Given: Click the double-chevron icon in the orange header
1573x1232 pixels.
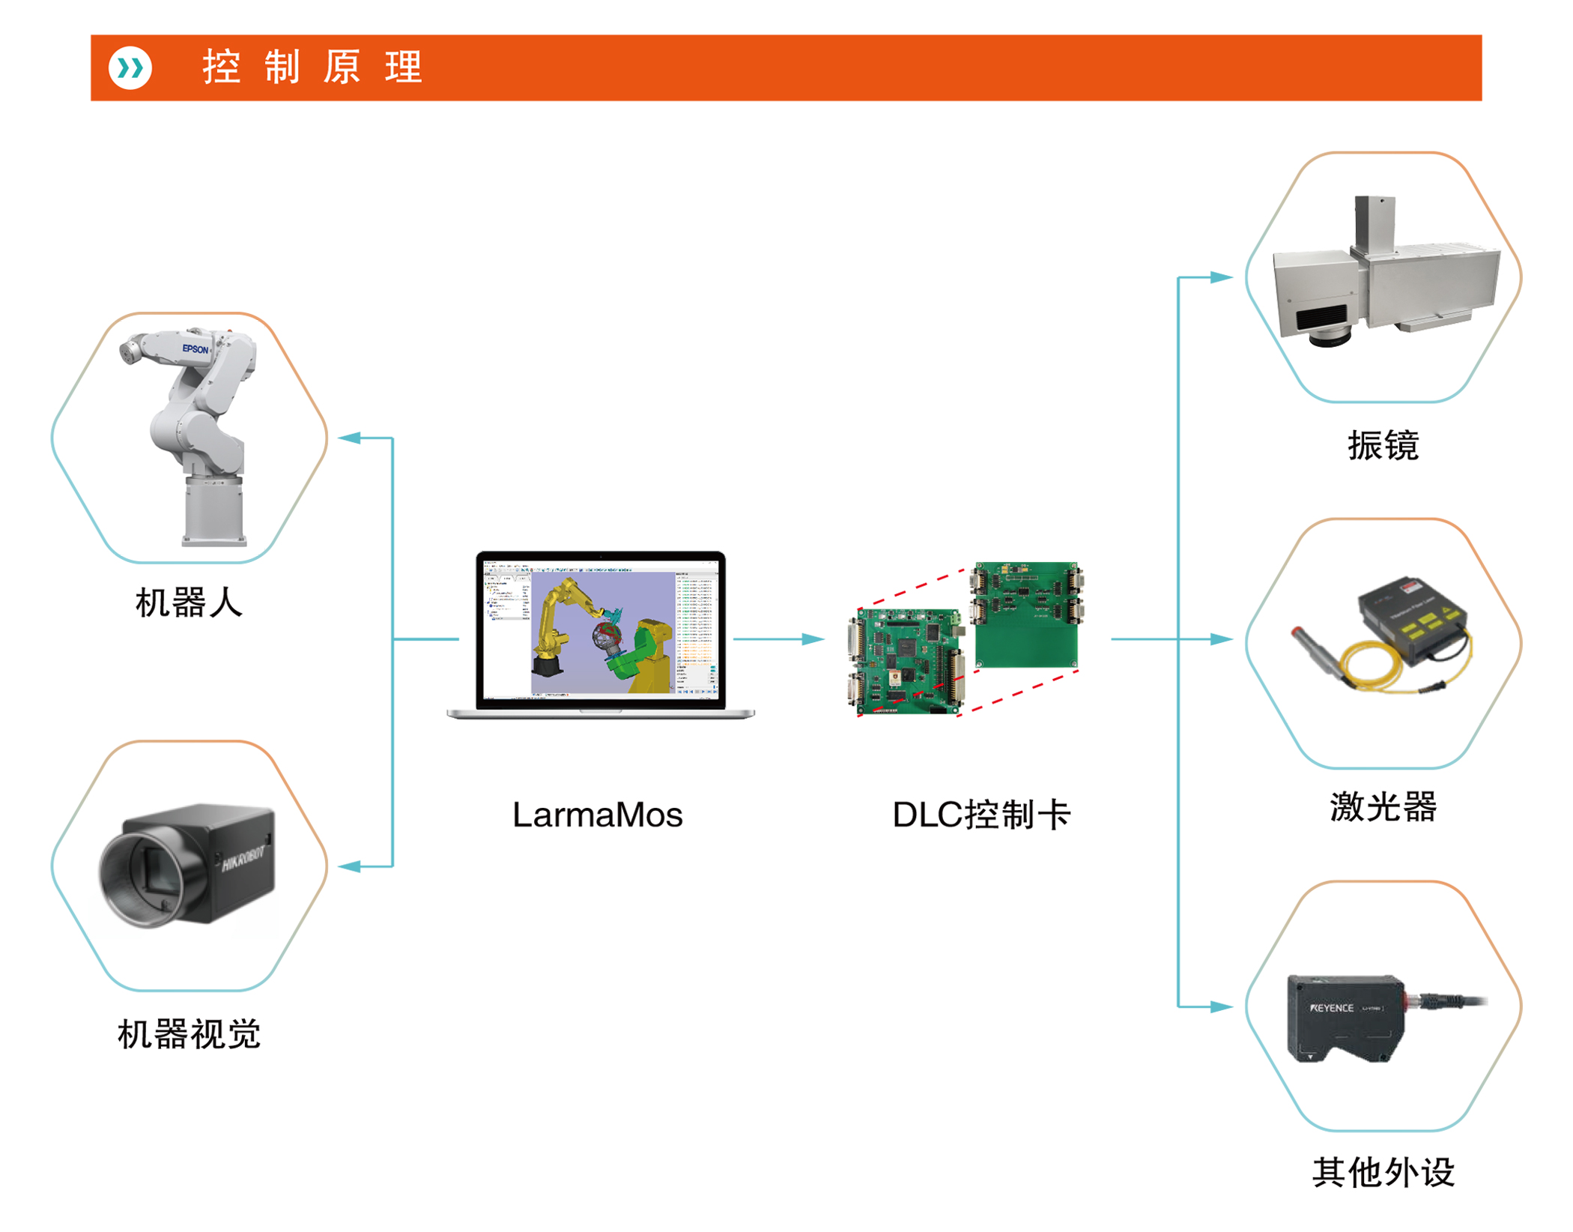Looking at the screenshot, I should point(130,68).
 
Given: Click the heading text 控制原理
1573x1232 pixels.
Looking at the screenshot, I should point(312,67).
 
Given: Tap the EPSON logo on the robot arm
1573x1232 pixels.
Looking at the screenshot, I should point(196,349).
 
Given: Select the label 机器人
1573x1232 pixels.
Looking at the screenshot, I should point(189,603).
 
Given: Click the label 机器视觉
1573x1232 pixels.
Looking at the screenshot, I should point(189,1035).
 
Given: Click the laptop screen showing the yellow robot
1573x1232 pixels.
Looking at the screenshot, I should point(600,632).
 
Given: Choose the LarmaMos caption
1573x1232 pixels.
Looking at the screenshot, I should point(597,815).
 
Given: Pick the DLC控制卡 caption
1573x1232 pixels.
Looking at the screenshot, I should point(981,815).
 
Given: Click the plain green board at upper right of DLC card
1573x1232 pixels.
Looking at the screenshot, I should point(1026,637).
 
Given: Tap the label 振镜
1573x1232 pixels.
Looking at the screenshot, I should point(1383,446).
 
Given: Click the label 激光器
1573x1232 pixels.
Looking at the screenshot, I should point(1383,807).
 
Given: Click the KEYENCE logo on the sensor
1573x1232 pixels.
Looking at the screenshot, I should point(1331,1009).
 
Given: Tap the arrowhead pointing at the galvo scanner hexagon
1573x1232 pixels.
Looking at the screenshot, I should point(1221,277).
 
